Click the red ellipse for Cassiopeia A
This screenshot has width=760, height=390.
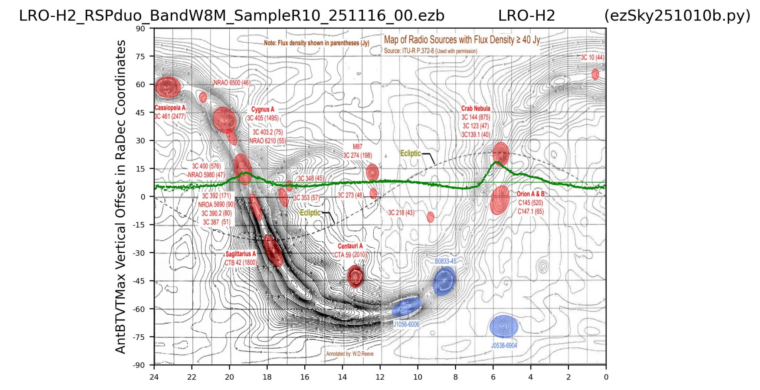coord(168,87)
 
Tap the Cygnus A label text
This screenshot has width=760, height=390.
coord(262,109)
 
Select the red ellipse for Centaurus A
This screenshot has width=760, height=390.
coord(355,276)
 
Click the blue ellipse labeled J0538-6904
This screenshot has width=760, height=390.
coord(504,327)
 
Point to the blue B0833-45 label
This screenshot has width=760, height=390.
coord(445,261)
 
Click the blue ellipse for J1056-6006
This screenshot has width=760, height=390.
coord(407,307)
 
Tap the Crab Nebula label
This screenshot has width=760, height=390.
coord(476,108)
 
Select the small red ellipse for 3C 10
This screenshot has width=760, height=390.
coord(595,74)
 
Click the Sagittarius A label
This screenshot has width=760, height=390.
coord(240,254)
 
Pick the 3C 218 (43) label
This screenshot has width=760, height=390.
coord(401,213)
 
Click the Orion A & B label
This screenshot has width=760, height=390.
coord(530,194)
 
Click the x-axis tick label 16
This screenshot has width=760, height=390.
coord(304,377)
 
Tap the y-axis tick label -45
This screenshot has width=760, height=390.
coord(139,281)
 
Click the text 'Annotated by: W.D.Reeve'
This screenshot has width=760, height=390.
coord(350,354)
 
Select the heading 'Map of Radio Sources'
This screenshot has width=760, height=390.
coord(462,40)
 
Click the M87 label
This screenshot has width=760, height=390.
coord(357,147)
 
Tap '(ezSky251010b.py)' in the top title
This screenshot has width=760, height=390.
coord(677,16)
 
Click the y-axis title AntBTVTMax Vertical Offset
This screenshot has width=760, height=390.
coord(121,197)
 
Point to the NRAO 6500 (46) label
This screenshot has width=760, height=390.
coord(232,83)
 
